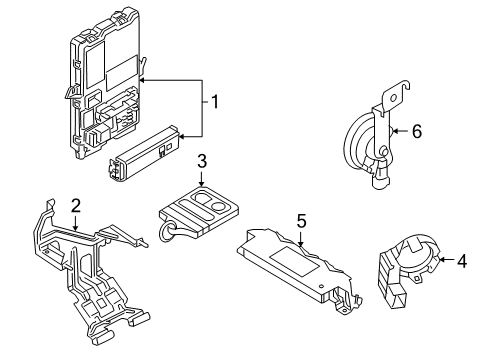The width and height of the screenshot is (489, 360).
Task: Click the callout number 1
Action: pos(212,102)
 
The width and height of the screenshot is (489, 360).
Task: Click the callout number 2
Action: pos(75,205)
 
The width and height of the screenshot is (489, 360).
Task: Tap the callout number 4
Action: pos(462,263)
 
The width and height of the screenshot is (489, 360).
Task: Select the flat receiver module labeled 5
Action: pos(295,263)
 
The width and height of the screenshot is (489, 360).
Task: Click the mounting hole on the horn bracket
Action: pos(407,95)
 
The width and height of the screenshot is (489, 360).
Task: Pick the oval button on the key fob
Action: pos(212,199)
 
